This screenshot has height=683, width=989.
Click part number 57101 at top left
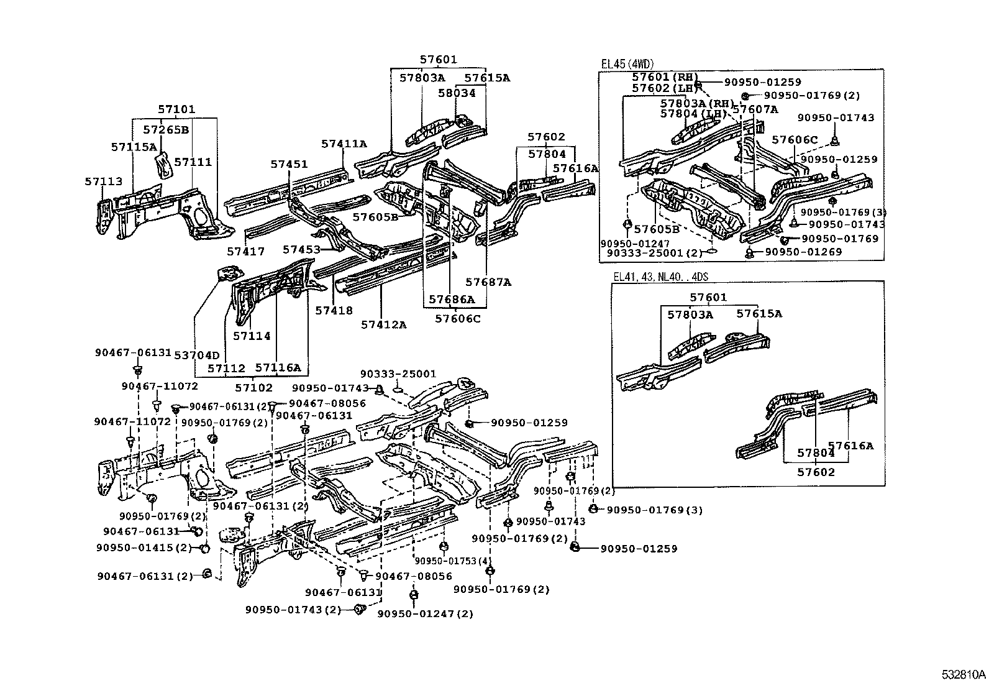[176, 109]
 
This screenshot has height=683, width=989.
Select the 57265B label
[166, 130]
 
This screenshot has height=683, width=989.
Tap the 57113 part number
[103, 181]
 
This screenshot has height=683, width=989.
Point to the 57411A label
[344, 144]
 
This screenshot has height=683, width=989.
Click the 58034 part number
[457, 93]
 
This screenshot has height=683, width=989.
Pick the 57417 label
[245, 252]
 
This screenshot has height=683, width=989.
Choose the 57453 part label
[301, 249]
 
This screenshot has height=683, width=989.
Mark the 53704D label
[197, 355]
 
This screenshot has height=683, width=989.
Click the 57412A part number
[383, 324]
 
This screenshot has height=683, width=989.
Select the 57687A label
[488, 282]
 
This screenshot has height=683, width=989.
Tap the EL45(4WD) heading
[627, 64]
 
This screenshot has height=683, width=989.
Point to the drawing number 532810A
[962, 674]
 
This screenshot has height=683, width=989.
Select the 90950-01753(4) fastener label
[445, 561]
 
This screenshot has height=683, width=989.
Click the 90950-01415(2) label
[144, 548]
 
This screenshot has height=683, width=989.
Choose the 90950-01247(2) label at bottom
[425, 613]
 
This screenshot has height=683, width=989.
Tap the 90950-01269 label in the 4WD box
[803, 252]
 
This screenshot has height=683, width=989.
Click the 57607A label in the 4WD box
[755, 109]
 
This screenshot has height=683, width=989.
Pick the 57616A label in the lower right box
[850, 445]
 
